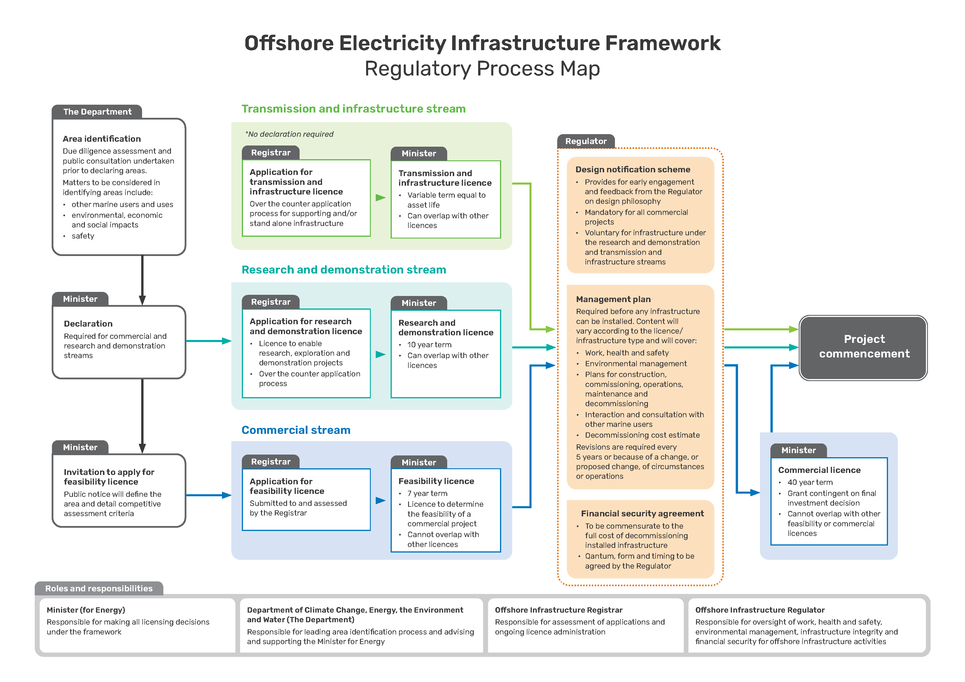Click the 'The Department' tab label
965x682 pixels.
97,112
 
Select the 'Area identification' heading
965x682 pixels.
102,139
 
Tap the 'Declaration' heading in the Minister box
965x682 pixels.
88,324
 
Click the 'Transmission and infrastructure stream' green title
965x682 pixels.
354,109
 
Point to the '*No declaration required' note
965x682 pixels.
290,134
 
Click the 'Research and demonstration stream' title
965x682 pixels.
344,270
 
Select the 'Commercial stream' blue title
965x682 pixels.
296,430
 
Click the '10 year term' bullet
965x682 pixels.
429,345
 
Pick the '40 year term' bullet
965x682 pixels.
810,482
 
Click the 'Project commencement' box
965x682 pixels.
864,347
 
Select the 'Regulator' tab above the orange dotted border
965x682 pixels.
585,141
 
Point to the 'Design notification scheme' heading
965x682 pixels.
632,169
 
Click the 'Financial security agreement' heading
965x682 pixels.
642,513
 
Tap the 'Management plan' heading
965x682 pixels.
613,299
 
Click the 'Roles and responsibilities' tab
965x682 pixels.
99,588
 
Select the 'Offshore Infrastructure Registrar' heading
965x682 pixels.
559,610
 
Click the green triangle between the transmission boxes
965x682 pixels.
380,197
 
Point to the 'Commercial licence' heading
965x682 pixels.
819,470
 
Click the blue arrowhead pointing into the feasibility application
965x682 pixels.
227,495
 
